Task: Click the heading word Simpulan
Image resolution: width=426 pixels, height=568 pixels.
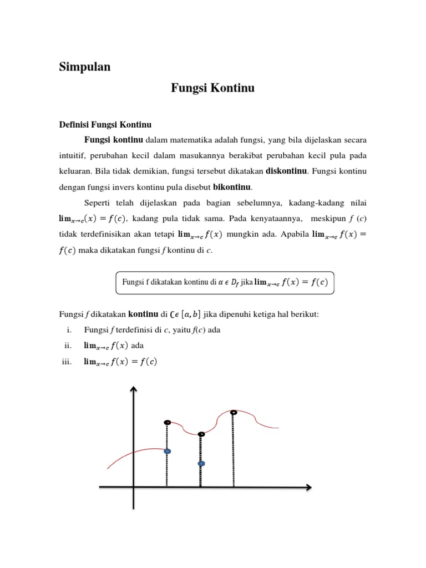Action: [85, 67]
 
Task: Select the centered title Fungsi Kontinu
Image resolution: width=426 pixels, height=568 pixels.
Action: [212, 88]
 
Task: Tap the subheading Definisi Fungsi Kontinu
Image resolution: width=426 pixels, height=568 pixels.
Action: [105, 124]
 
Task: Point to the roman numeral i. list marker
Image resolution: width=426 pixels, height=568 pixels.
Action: [69, 330]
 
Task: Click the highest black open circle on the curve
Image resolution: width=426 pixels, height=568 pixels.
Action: [234, 412]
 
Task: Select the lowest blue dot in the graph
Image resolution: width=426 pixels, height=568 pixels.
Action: [201, 463]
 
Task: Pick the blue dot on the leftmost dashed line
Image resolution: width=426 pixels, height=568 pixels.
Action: [167, 452]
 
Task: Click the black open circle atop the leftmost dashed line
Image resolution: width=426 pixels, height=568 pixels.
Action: [167, 423]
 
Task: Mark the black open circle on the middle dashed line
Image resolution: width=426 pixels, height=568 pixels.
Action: [201, 434]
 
